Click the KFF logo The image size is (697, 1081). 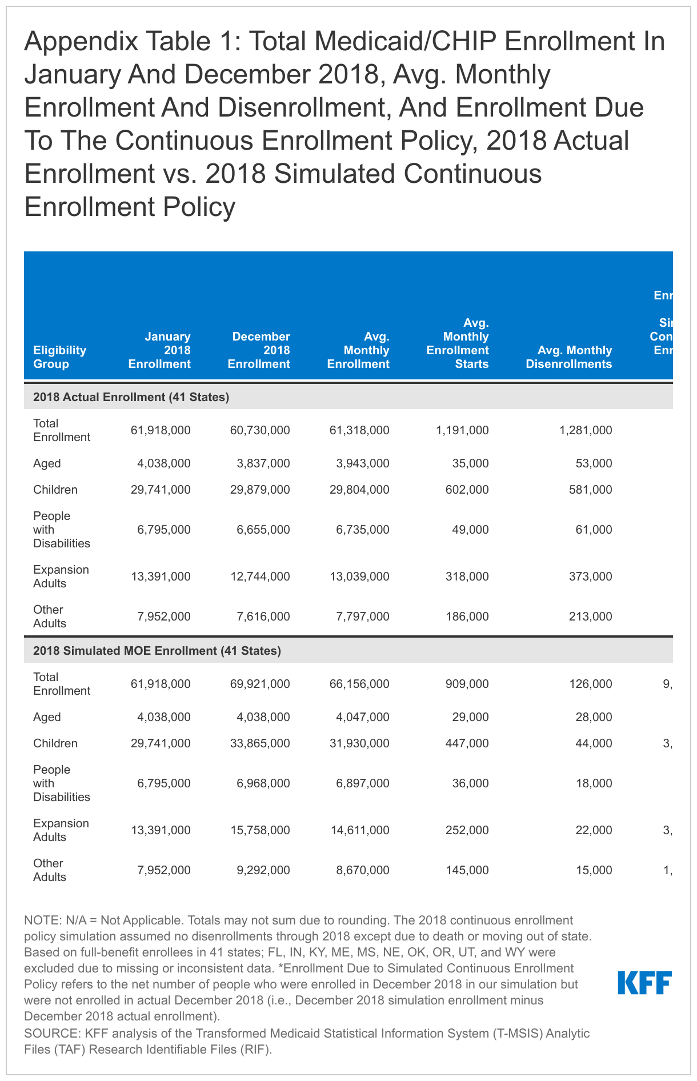(x=644, y=982)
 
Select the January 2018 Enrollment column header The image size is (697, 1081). (x=159, y=350)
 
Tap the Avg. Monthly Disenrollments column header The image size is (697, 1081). (x=569, y=357)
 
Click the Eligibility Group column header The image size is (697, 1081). (x=59, y=357)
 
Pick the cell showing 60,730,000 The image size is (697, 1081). (x=259, y=430)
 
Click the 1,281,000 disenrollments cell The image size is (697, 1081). (x=586, y=430)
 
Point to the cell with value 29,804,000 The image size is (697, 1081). (x=358, y=490)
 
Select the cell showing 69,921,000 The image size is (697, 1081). (x=259, y=684)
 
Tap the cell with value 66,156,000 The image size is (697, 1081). (x=358, y=684)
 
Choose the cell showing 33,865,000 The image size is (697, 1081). (x=259, y=743)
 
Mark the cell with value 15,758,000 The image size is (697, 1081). (x=259, y=830)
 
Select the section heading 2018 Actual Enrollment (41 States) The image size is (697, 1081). (x=131, y=397)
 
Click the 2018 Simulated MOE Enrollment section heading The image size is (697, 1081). (x=157, y=651)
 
